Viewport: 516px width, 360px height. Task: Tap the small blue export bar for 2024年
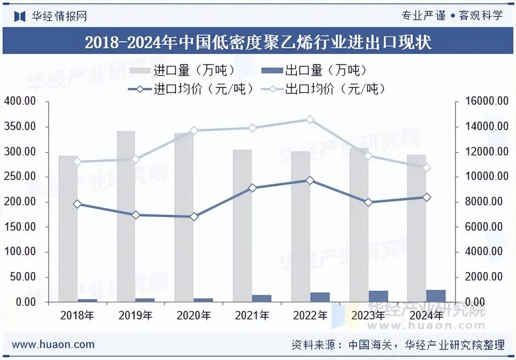coord(436,296)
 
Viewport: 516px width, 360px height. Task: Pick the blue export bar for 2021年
coord(261,299)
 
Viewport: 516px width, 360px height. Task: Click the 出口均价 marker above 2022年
coord(310,119)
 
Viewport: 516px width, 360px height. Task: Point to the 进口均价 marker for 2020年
coord(194,217)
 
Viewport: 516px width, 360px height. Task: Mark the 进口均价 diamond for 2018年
coord(77,204)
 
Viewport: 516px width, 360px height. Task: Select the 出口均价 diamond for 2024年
coord(427,168)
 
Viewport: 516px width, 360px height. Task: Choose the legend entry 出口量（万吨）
coord(314,70)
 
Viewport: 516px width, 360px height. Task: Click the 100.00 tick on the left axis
coord(20,252)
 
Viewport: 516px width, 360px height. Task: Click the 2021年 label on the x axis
coord(252,316)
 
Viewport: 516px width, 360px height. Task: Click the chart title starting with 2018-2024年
coord(258,42)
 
